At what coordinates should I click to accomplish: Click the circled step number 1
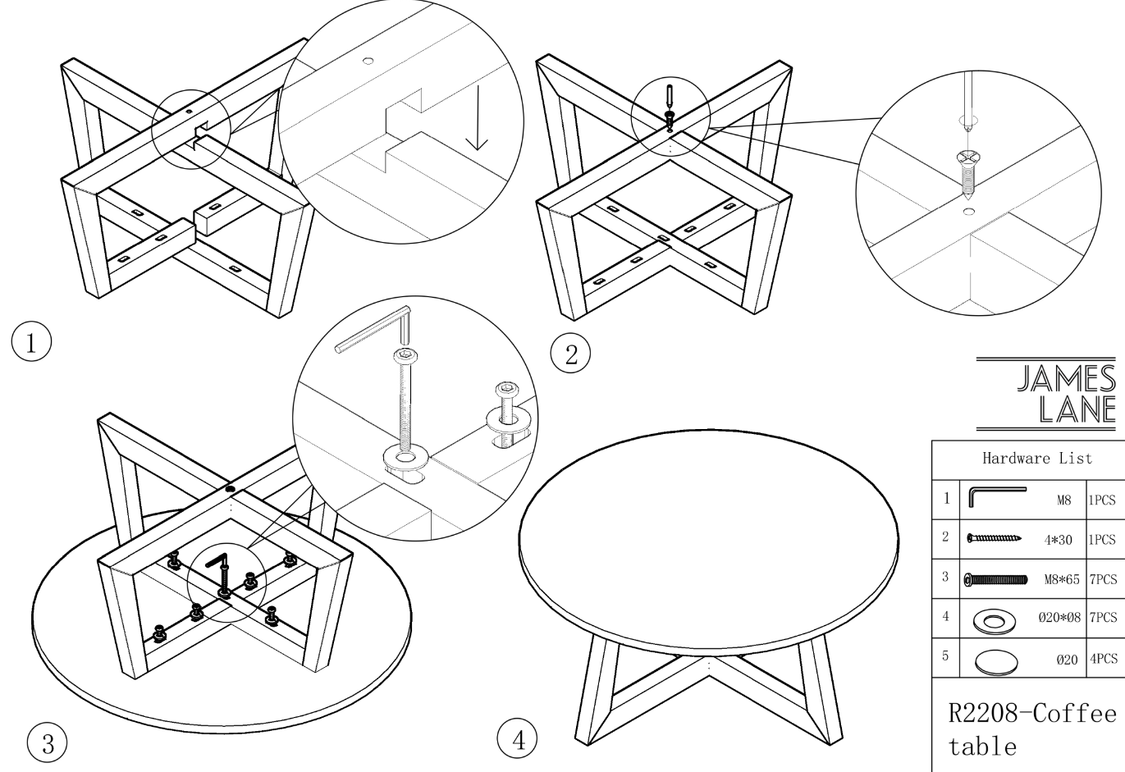point(31,341)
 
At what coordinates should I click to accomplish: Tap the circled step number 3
point(48,743)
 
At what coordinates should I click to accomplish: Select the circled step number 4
point(517,739)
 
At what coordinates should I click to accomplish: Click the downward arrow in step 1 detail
point(477,118)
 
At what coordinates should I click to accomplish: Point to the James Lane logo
point(1046,394)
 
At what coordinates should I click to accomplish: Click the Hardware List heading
point(1037,458)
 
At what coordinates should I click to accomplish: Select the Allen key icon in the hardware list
point(997,496)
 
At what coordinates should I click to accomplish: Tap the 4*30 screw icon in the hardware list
point(994,538)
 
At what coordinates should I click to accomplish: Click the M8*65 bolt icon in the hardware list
point(995,580)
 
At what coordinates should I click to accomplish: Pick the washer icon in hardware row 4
point(994,621)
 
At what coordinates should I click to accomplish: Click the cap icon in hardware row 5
point(996,662)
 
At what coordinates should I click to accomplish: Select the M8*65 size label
point(1062,580)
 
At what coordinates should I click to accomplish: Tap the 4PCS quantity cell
point(1103,659)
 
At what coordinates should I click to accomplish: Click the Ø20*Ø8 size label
point(1059,617)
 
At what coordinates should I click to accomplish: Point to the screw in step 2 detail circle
point(967,174)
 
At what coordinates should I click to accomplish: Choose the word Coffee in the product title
point(1074,713)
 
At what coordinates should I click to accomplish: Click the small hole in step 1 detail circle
point(368,61)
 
